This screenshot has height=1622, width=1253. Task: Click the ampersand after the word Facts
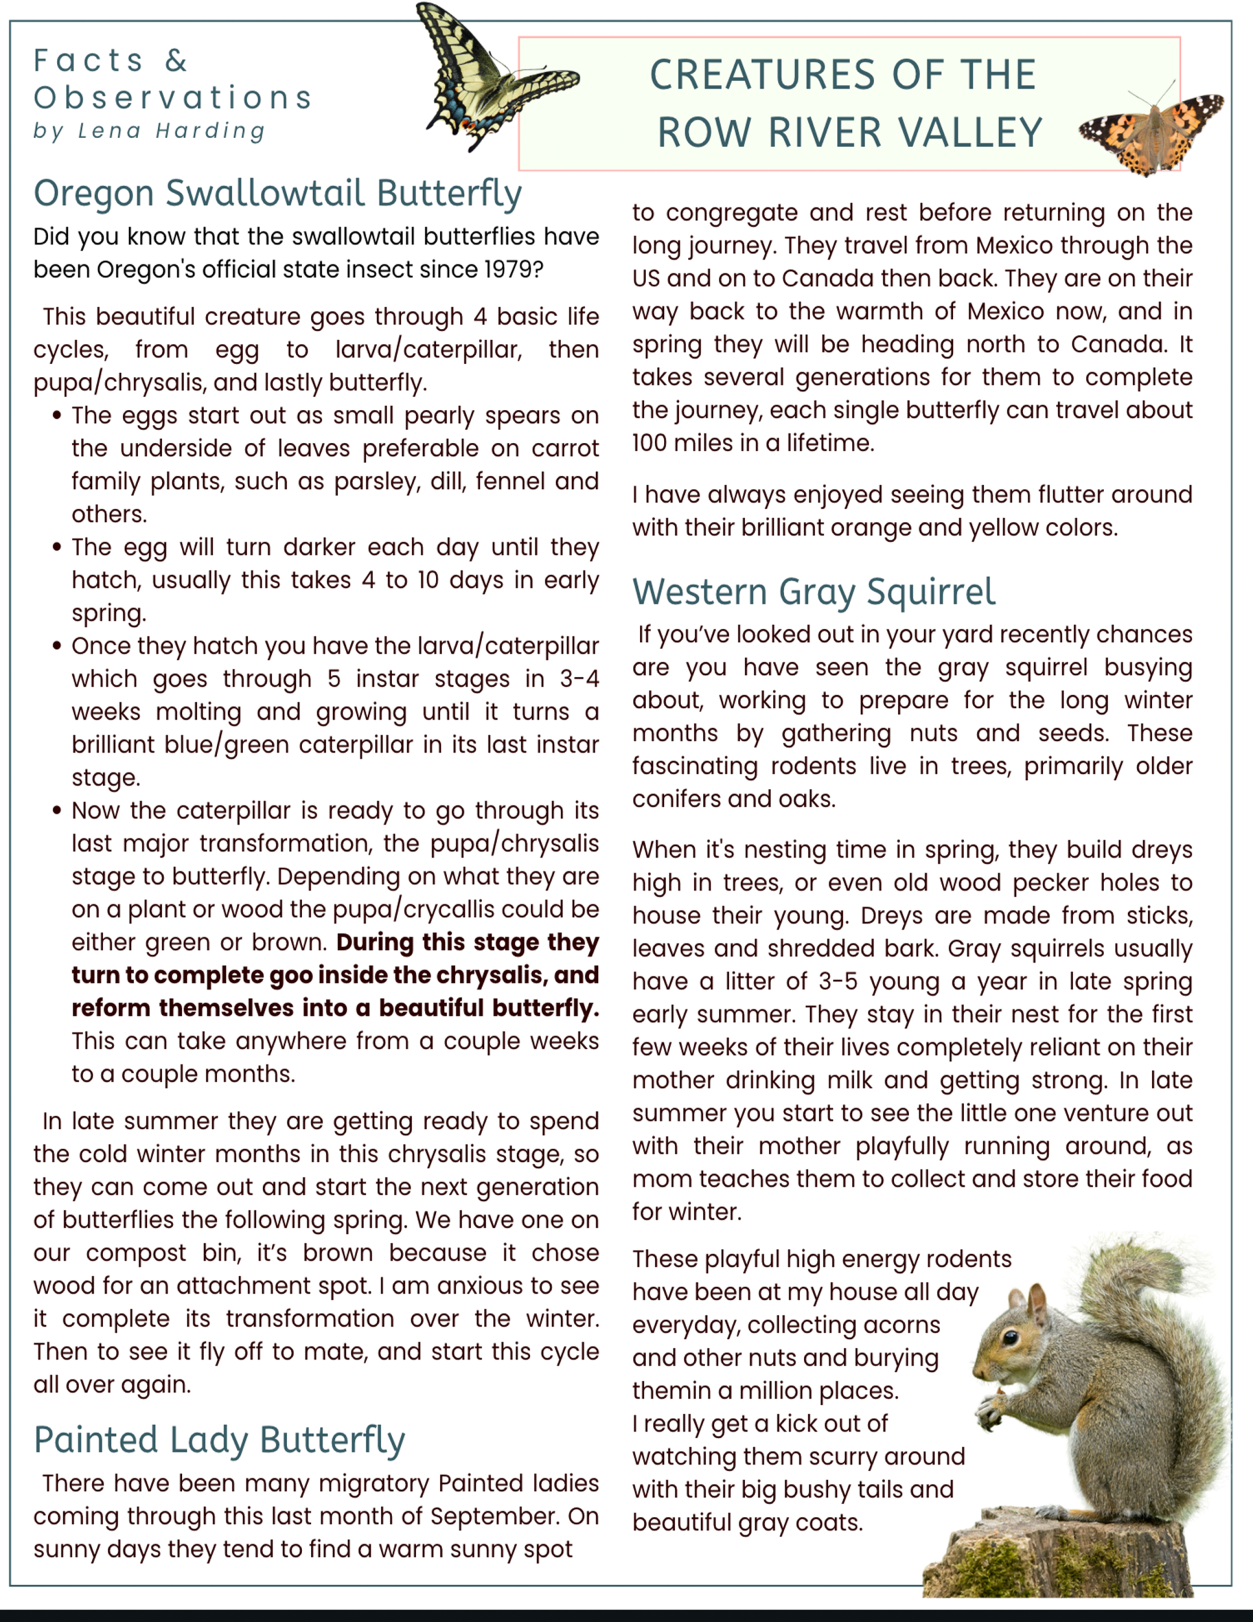coord(176,61)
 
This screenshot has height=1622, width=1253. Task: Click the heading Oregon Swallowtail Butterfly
coord(277,193)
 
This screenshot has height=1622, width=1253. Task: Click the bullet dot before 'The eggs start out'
coord(56,416)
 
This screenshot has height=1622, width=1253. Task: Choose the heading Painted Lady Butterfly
coord(219,1440)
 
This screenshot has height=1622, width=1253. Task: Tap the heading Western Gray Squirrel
coord(813,592)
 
